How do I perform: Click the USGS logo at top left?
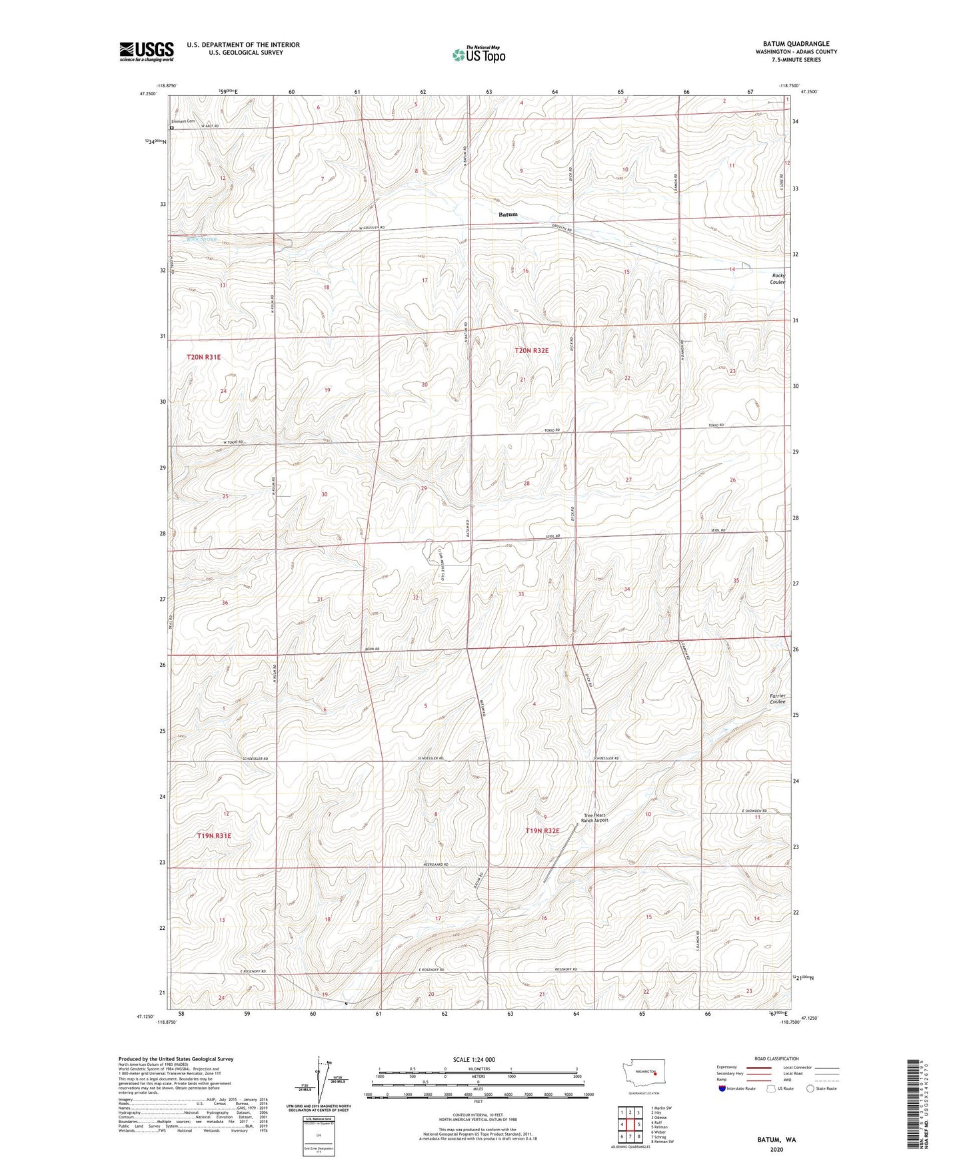146,51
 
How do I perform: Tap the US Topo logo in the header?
478,55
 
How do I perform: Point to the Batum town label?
508,214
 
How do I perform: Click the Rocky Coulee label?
778,278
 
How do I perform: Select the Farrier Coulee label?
778,699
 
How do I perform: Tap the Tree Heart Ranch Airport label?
595,818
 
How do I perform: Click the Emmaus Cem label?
183,121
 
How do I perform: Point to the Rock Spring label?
202,239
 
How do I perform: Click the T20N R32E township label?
531,350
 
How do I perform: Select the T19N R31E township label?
213,835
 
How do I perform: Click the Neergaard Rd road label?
437,865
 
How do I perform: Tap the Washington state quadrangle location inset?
643,1074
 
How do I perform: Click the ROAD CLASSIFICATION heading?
777,1058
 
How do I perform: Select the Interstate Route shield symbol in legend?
722,1088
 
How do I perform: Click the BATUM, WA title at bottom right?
776,1140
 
